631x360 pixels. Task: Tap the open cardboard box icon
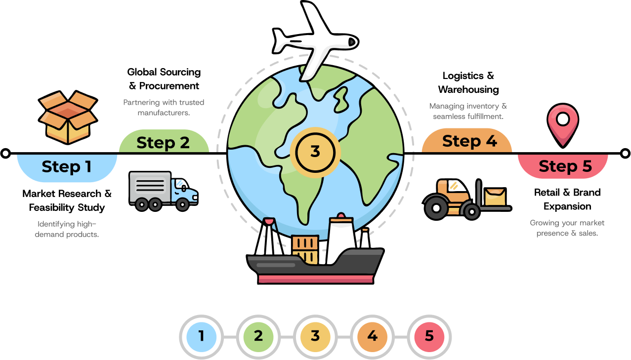tap(68, 118)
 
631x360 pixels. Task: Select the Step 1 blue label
tap(67, 167)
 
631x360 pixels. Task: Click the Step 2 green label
tap(164, 142)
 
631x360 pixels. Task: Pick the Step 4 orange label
tap(467, 141)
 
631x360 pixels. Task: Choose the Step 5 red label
tap(564, 166)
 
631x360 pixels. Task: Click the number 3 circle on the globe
tap(315, 152)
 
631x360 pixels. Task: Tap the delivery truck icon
tap(163, 191)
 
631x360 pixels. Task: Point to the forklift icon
tap(466, 199)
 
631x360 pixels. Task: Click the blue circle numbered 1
tap(201, 337)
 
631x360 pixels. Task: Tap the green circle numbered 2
tap(258, 337)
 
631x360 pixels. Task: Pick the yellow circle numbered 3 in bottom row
tap(315, 337)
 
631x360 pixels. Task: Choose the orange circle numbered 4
tap(372, 337)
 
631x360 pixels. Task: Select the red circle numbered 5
tap(429, 337)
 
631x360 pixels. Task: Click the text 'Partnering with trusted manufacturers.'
tap(164, 108)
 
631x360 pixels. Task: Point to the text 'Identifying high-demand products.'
tap(67, 229)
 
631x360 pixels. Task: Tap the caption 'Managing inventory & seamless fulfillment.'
tap(468, 111)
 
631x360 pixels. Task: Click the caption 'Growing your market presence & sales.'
tap(567, 228)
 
